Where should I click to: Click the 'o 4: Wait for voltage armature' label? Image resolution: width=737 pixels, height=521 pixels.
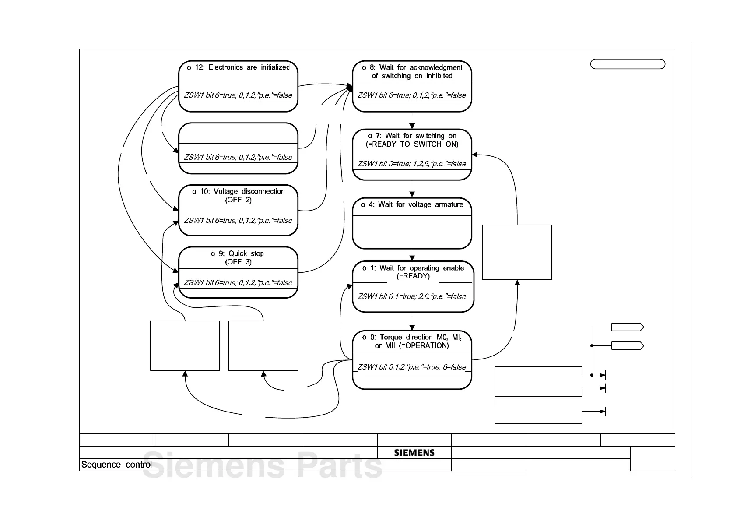412,204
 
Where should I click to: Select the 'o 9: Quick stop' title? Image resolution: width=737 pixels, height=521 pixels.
238,253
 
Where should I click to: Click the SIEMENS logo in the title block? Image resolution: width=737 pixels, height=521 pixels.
414,453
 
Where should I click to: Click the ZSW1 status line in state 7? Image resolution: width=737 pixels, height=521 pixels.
412,164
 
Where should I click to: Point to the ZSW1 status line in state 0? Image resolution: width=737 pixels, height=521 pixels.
412,367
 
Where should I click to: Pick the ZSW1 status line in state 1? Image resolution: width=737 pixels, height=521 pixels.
412,296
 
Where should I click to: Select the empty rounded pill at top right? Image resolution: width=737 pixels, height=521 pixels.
628,64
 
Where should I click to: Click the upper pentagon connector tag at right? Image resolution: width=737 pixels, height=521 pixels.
627,327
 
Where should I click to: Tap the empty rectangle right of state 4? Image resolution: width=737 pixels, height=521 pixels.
517,252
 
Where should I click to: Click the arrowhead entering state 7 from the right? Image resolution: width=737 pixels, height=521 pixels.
475,154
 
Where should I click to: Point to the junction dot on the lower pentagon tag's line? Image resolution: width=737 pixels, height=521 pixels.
592,346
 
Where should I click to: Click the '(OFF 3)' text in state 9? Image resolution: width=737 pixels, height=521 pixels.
238,262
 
